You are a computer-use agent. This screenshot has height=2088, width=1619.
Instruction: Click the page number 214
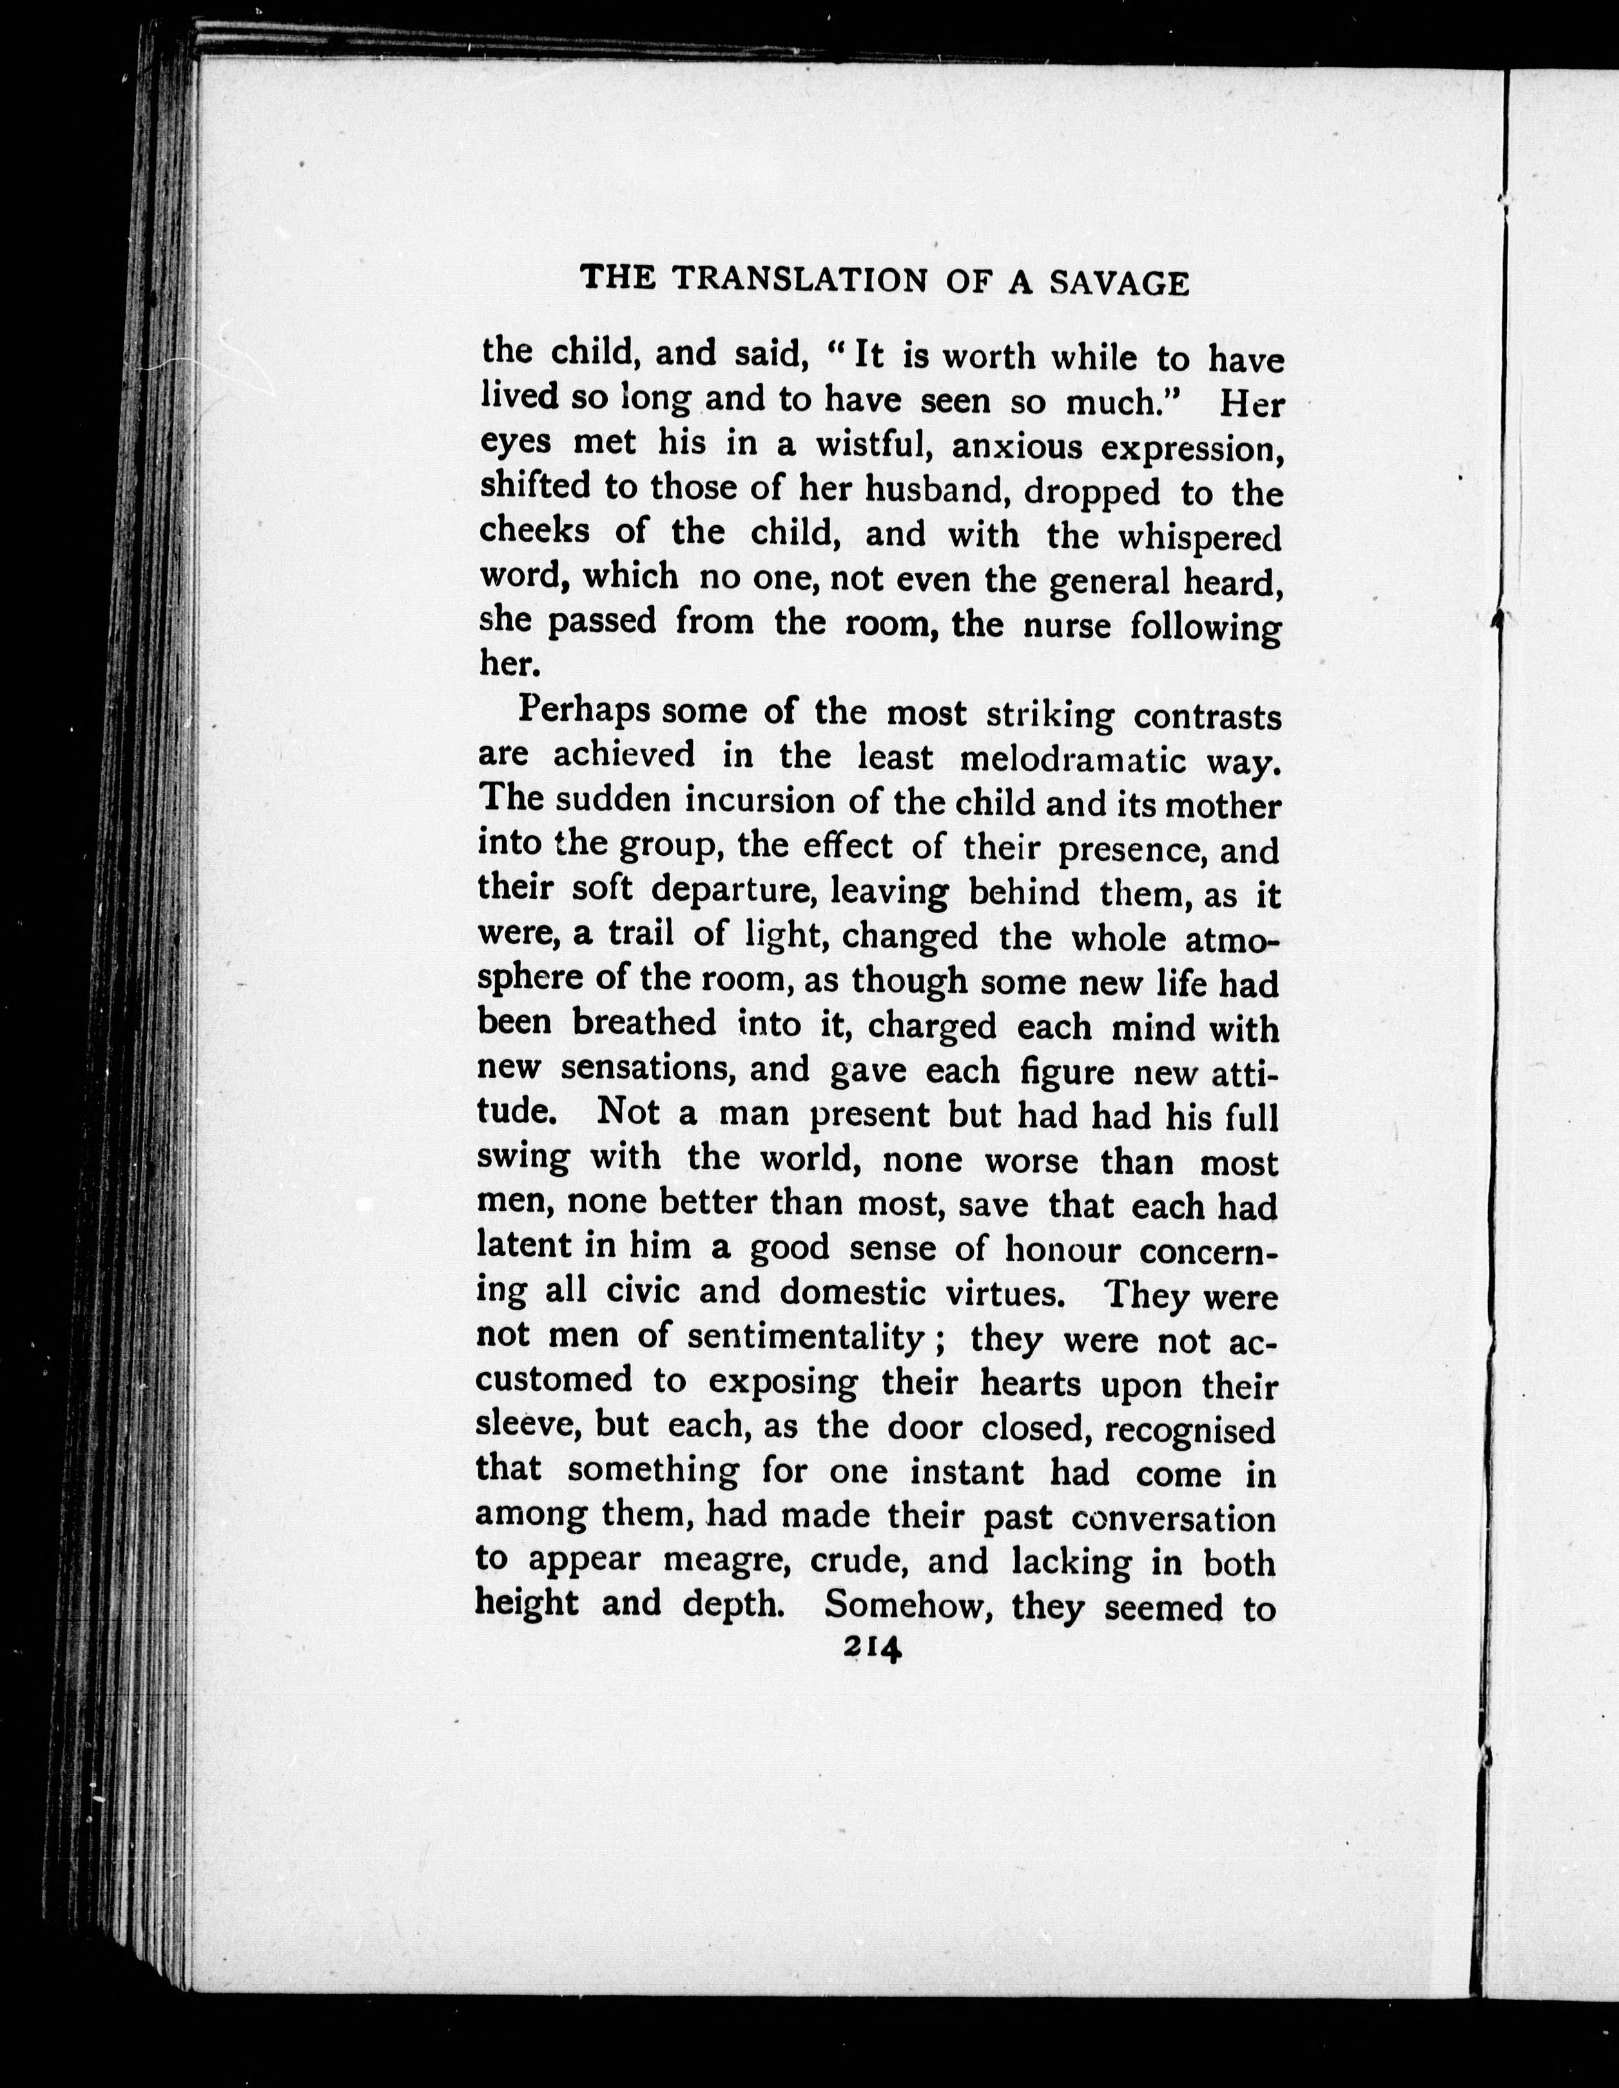[x=871, y=1649]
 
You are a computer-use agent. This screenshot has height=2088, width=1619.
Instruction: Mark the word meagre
[x=727, y=1560]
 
